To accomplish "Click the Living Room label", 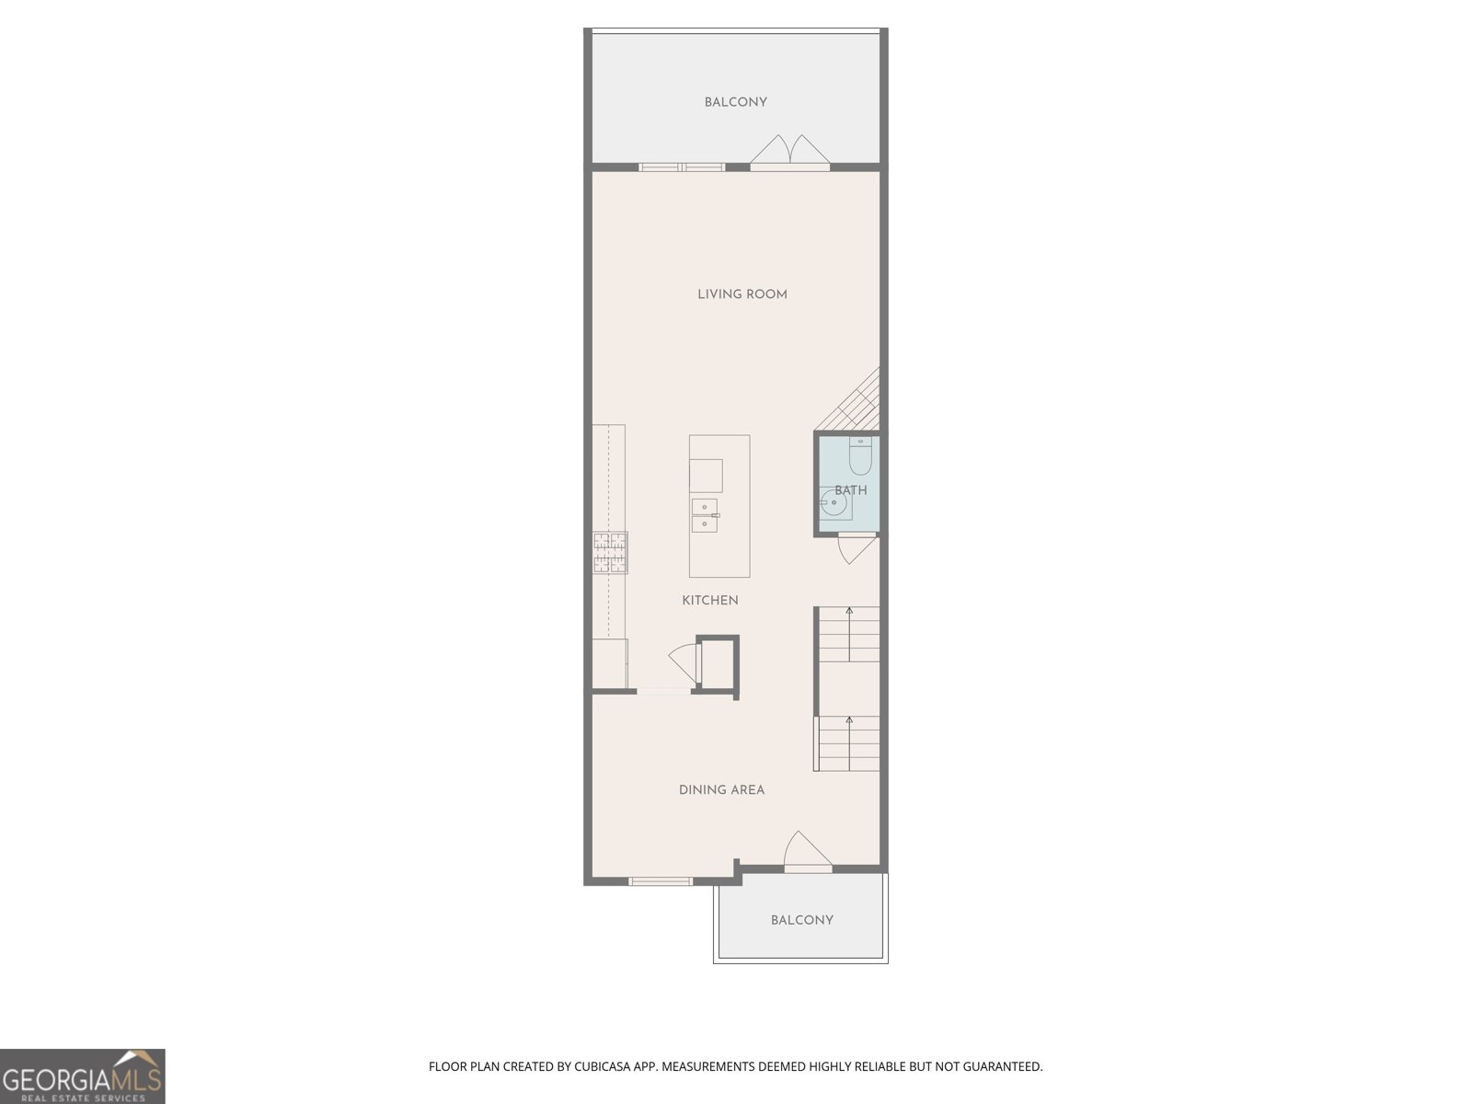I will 742,294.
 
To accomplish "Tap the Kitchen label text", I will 709,600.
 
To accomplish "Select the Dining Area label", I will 721,789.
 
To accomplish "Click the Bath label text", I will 851,490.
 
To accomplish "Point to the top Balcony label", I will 735,102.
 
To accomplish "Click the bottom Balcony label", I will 801,920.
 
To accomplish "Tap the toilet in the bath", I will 860,456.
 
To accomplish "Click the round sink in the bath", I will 834,503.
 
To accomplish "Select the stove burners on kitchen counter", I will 610,553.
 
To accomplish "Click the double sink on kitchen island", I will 705,515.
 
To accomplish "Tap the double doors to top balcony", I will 789,153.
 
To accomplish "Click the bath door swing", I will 856,548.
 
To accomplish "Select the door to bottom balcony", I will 807,851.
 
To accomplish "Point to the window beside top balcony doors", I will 682,167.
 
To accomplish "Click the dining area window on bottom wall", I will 660,881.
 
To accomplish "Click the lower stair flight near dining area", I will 847,743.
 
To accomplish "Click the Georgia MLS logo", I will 82,1075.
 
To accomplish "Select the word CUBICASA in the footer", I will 600,1067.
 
